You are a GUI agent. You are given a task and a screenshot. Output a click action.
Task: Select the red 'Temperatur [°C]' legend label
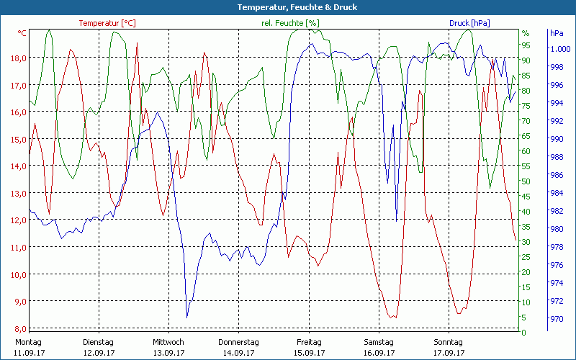pos(107,23)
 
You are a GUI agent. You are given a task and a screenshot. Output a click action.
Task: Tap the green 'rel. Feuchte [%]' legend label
pos(290,23)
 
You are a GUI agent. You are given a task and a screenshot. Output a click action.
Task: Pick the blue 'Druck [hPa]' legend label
pos(469,23)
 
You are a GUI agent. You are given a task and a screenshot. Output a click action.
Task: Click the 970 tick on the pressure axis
pos(557,318)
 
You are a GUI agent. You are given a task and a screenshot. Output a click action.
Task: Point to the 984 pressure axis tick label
pos(557,193)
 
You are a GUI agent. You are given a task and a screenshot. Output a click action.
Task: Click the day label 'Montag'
pos(28,342)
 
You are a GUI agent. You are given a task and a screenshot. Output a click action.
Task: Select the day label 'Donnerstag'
pos(238,342)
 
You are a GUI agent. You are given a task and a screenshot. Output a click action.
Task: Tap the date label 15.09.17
pos(309,353)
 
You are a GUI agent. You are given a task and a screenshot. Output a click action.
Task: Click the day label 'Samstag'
pos(379,342)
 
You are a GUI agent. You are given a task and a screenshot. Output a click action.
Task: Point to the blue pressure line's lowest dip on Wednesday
pos(187,317)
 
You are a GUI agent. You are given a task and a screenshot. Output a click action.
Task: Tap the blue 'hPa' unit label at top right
pos(557,33)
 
